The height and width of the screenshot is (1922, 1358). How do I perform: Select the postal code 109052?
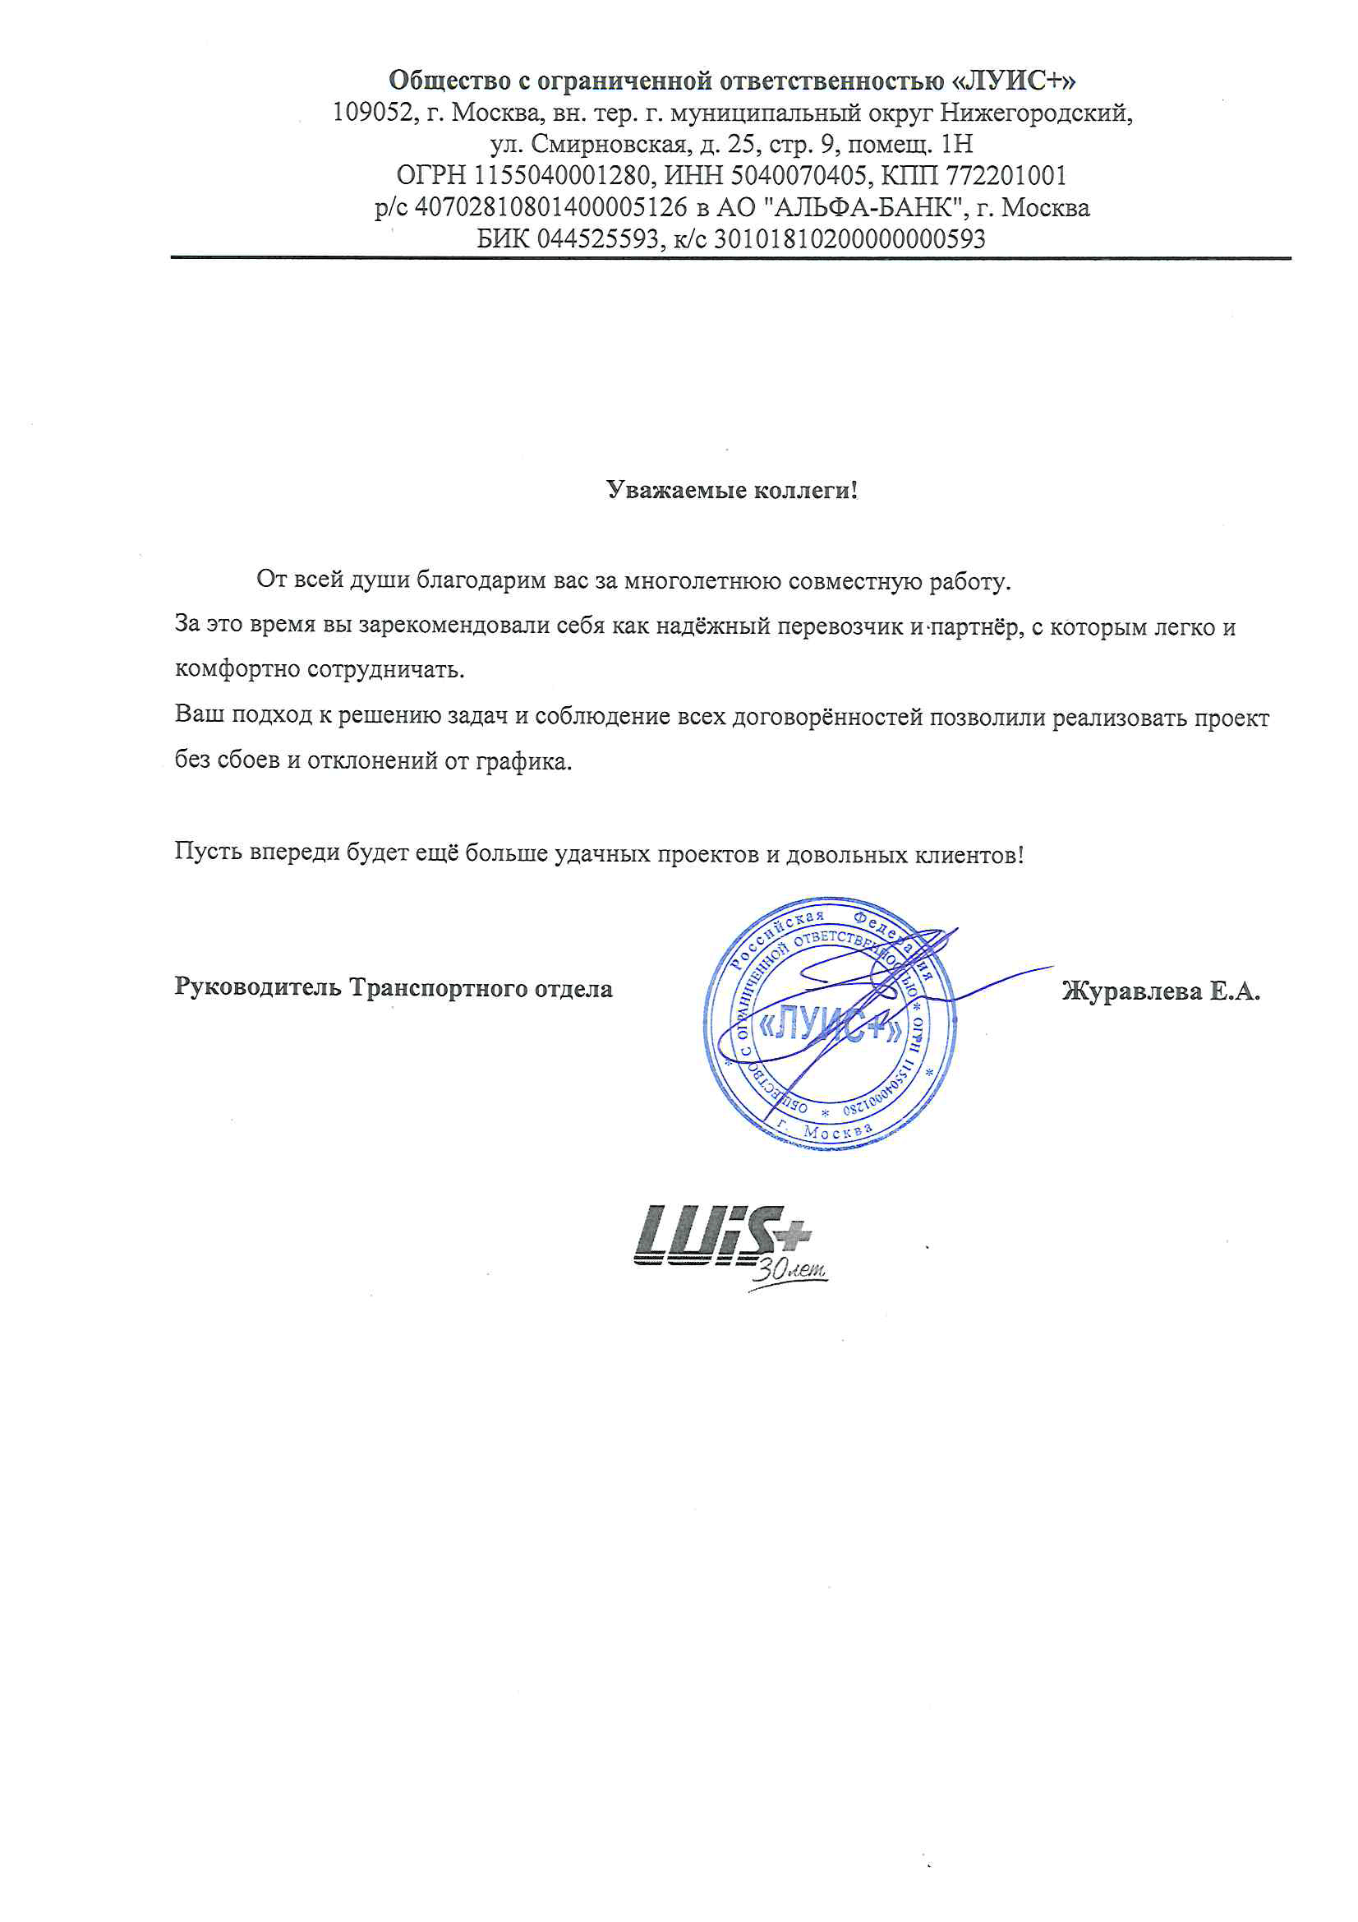[x=372, y=112]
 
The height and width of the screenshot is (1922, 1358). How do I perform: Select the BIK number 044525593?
[x=597, y=239]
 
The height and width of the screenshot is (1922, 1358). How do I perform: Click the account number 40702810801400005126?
[x=550, y=208]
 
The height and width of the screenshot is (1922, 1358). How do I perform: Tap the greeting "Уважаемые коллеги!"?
[x=732, y=490]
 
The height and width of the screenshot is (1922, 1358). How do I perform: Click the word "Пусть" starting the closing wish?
[x=209, y=852]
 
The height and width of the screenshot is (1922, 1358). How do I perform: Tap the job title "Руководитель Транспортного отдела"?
[x=394, y=988]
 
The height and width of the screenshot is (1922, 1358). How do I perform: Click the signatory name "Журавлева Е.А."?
[x=1161, y=991]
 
